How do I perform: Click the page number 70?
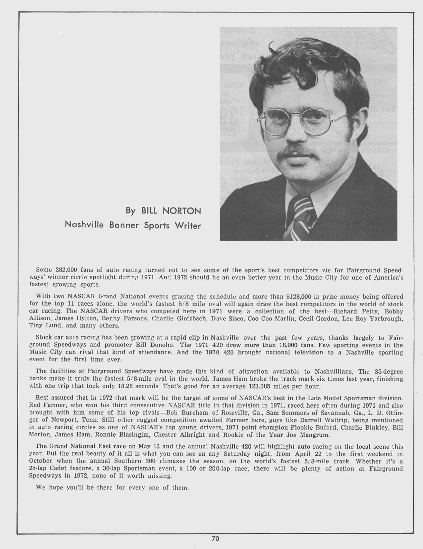point(216,538)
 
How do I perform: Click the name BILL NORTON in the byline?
point(170,211)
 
